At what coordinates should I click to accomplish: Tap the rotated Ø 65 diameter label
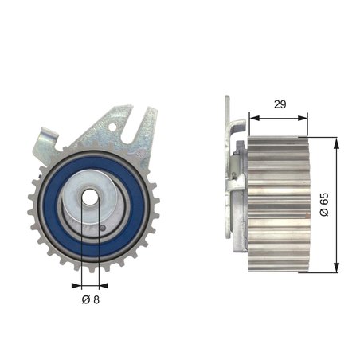point(323,204)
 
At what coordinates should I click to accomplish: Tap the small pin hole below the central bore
point(103,230)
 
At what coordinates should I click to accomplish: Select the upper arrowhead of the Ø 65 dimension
point(337,141)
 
